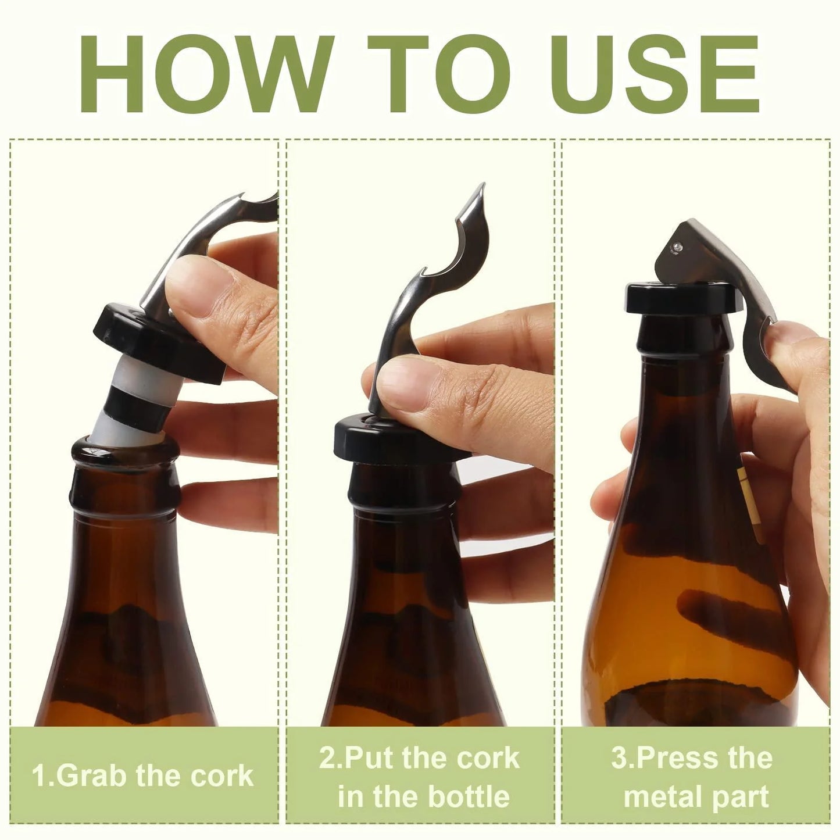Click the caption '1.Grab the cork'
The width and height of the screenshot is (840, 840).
(x=143, y=776)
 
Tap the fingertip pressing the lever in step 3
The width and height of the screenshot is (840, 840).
(x=788, y=340)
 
